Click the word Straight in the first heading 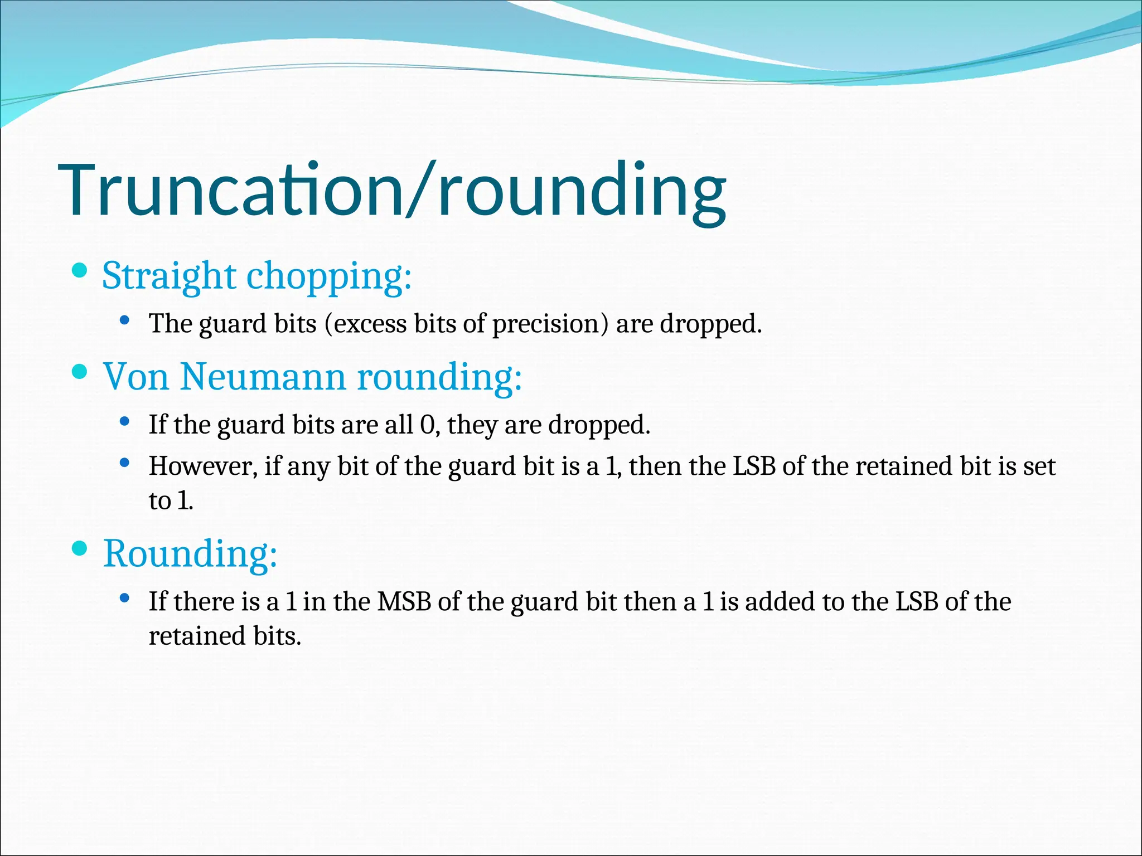click(x=169, y=276)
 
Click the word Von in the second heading click(x=136, y=377)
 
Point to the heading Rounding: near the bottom click(x=190, y=554)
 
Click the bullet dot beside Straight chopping click(x=80, y=271)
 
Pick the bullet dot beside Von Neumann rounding click(x=80, y=372)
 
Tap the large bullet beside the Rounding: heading click(x=80, y=549)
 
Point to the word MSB click(x=404, y=602)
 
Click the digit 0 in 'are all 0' click(x=427, y=425)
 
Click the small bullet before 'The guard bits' click(x=125, y=321)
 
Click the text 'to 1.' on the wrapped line click(x=171, y=501)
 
